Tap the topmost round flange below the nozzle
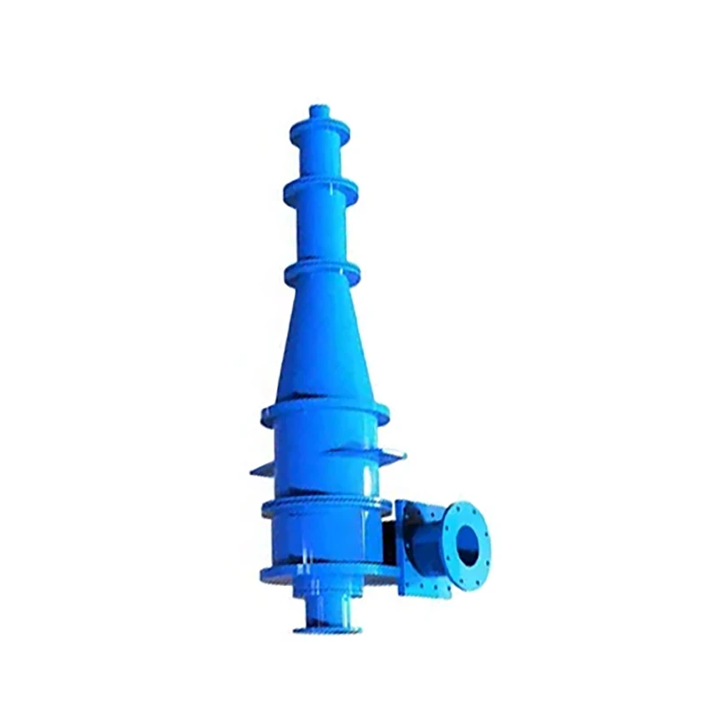pos(319,130)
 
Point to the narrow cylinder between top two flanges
pos(319,159)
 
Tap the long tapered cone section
pos(323,344)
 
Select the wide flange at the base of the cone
pos(325,411)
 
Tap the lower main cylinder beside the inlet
pos(322,543)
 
